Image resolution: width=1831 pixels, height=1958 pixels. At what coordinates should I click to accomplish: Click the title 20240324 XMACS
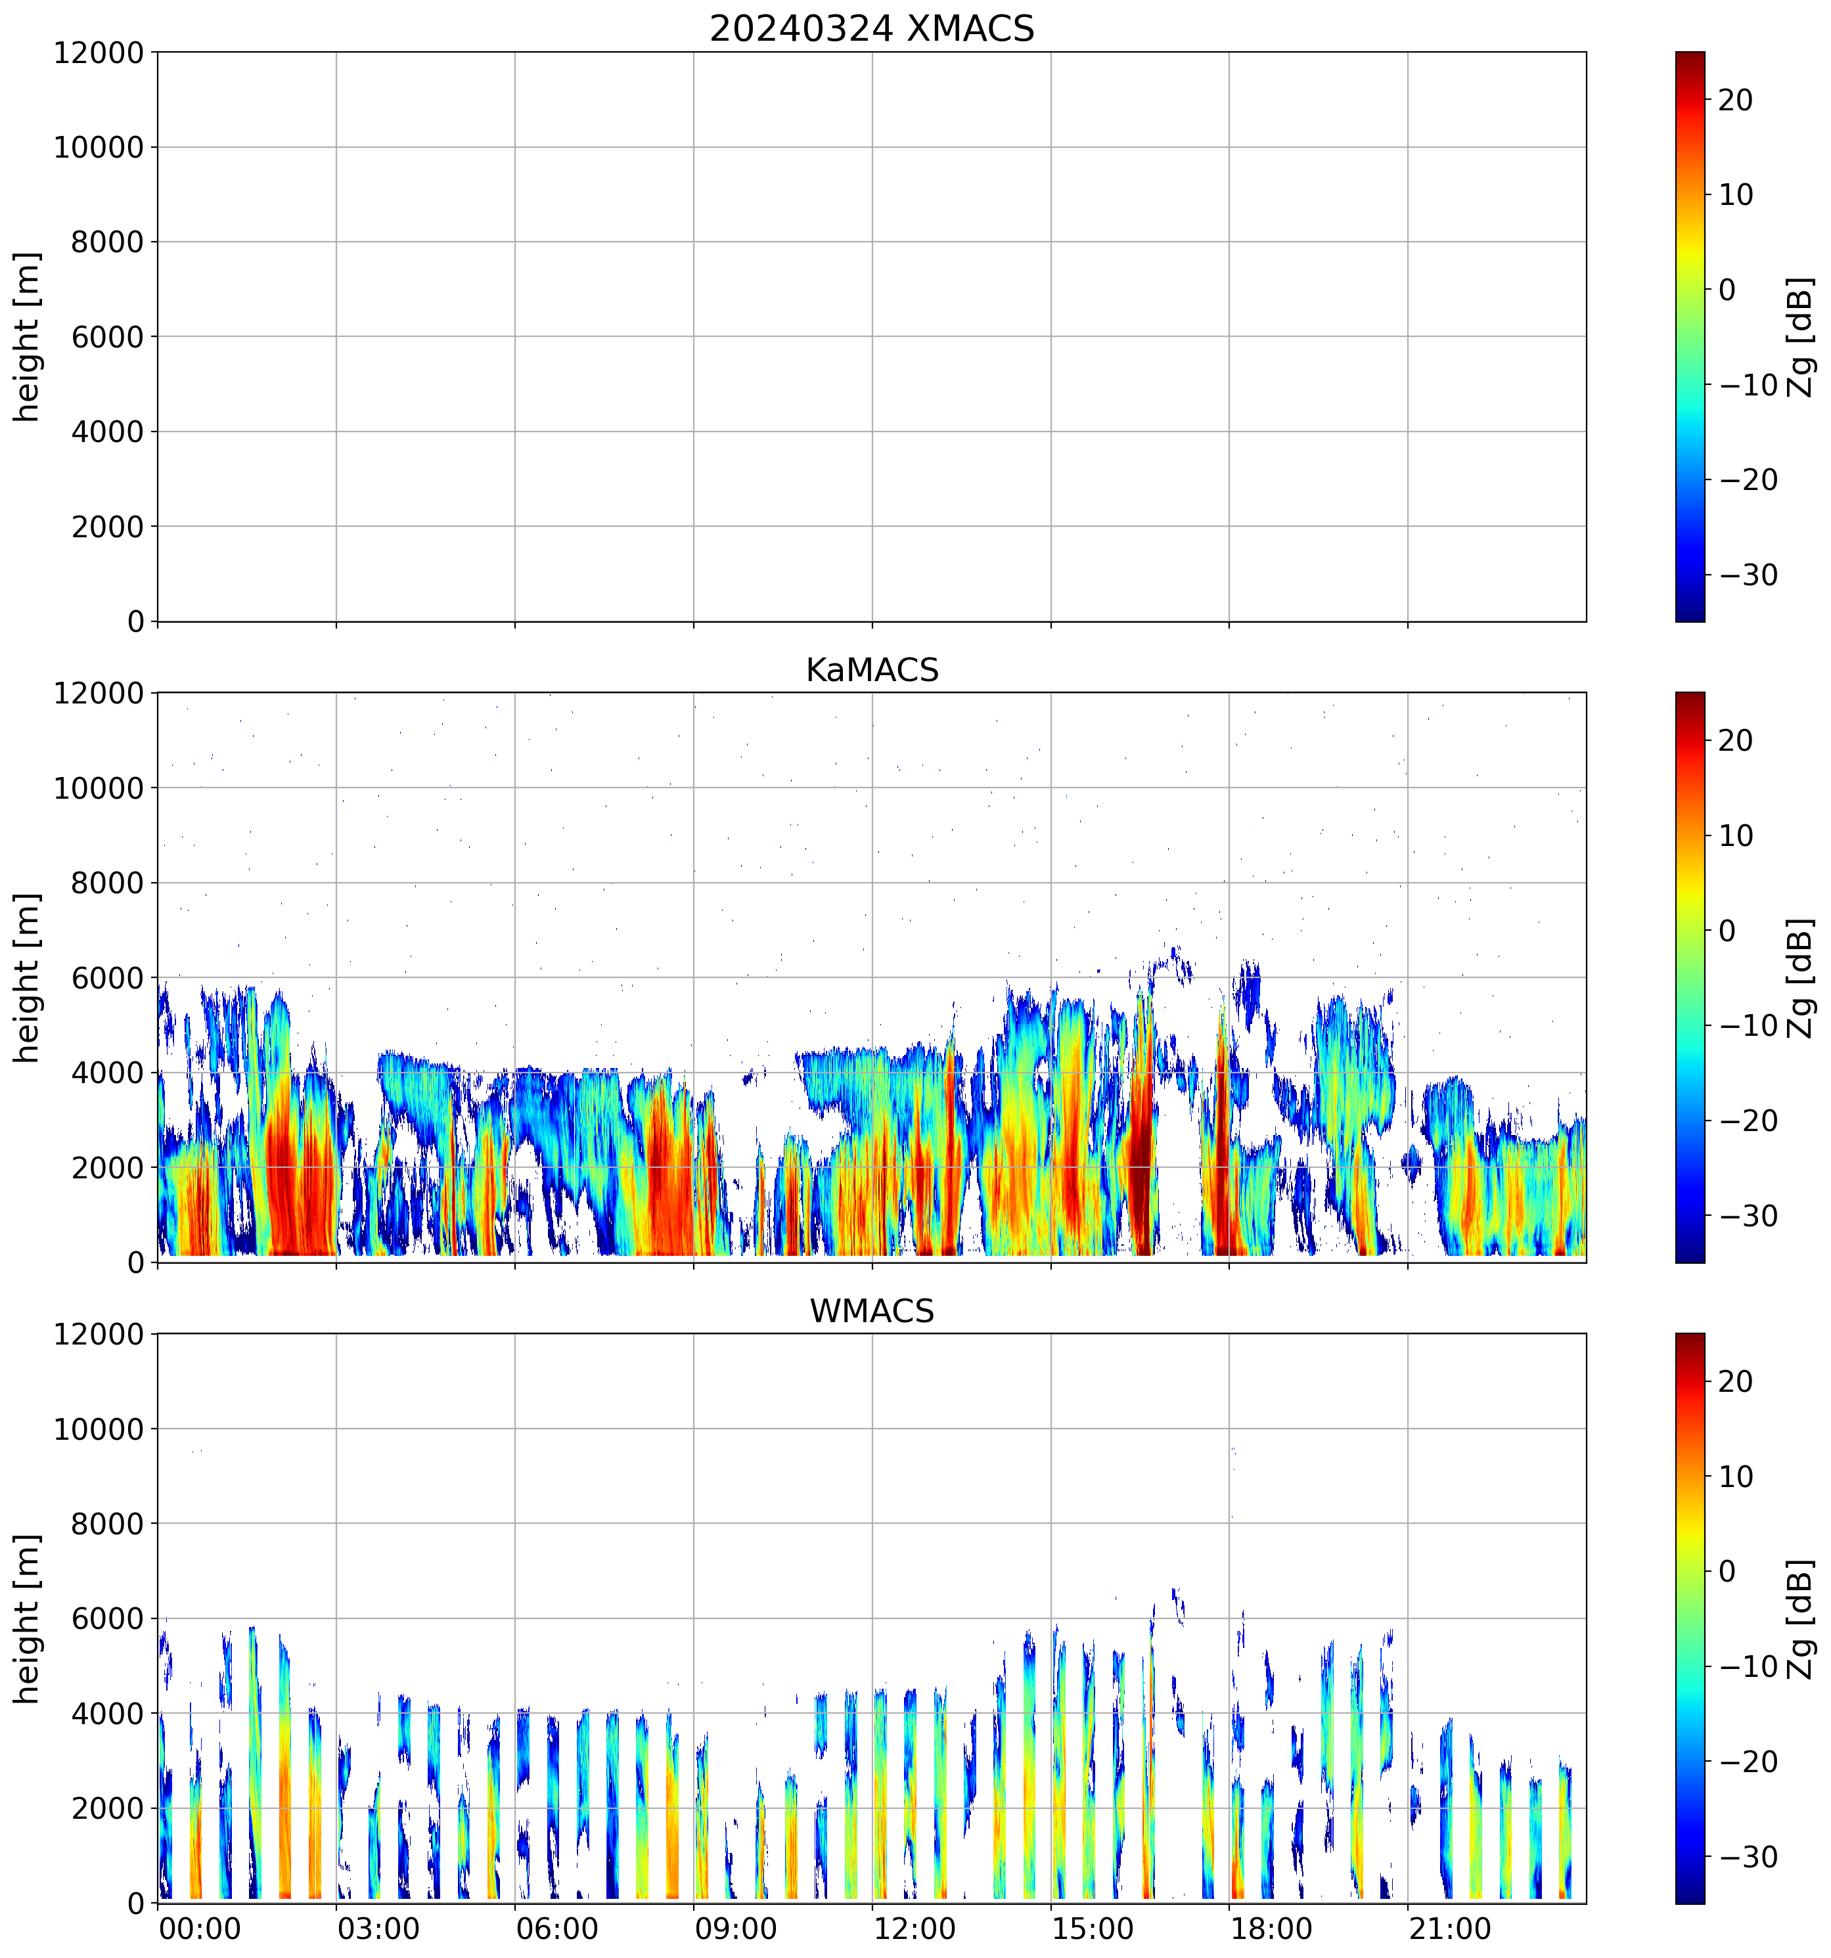pyautogui.click(x=872, y=28)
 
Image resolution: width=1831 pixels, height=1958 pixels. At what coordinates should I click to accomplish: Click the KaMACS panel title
pyautogui.click(x=872, y=670)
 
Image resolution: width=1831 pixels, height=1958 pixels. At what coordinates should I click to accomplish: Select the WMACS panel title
pyautogui.click(x=872, y=1311)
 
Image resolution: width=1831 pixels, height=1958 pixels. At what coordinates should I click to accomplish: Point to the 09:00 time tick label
pyautogui.click(x=736, y=1928)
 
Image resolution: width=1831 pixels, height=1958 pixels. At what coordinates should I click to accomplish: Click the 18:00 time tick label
pyautogui.click(x=1271, y=1928)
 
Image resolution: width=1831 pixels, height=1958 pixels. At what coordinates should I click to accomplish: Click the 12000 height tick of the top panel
pyautogui.click(x=99, y=53)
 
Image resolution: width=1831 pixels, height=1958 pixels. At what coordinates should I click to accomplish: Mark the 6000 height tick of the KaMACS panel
pyautogui.click(x=107, y=978)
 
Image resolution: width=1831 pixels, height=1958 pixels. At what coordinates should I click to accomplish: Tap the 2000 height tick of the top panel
pyautogui.click(x=107, y=527)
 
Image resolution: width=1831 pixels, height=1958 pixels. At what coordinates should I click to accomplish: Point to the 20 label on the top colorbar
pyautogui.click(x=1736, y=100)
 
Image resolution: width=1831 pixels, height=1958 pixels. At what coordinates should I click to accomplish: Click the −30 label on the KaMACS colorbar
pyautogui.click(x=1748, y=1216)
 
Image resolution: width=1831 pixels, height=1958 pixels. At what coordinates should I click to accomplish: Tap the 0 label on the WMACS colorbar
pyautogui.click(x=1727, y=1572)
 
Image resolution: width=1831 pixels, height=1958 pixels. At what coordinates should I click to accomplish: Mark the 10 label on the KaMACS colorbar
pyautogui.click(x=1736, y=836)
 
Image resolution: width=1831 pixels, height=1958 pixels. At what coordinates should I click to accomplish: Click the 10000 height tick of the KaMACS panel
pyautogui.click(x=99, y=788)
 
